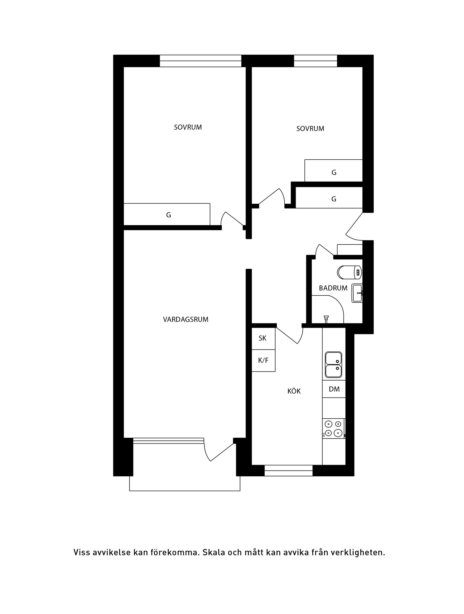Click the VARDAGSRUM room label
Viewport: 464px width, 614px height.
click(x=186, y=320)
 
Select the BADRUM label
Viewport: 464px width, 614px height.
click(x=333, y=288)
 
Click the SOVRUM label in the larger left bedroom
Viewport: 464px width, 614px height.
click(x=188, y=127)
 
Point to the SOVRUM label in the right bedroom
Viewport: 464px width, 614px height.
click(x=310, y=129)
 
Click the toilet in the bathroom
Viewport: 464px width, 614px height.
click(x=349, y=272)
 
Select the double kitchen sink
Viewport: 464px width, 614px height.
click(x=333, y=365)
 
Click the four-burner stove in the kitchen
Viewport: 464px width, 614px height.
click(x=334, y=429)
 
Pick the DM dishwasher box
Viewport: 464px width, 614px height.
click(x=334, y=389)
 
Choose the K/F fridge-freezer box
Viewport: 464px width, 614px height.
click(x=263, y=361)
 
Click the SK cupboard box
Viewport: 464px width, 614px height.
click(x=263, y=338)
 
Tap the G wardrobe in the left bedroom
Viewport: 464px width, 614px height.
click(x=167, y=214)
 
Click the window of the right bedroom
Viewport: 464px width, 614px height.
click(x=315, y=61)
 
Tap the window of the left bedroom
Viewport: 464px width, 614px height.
click(x=201, y=61)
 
